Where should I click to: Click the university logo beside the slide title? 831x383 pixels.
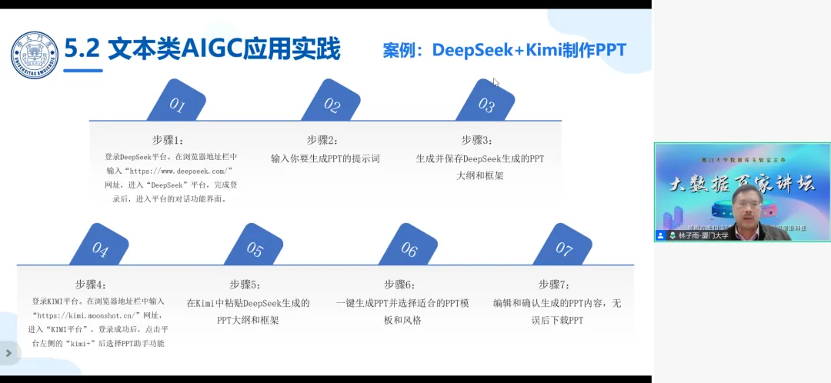[x=34, y=55]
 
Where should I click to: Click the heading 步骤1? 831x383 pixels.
[x=169, y=140]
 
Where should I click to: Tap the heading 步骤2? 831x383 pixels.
[x=323, y=140]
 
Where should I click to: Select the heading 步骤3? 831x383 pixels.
[x=477, y=140]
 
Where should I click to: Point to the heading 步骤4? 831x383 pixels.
[x=92, y=285]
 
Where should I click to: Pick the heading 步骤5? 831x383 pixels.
[x=245, y=285]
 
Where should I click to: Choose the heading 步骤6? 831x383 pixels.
[x=400, y=285]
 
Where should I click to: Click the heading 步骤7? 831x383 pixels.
[x=555, y=285]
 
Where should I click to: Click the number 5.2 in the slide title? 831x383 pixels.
[x=82, y=49]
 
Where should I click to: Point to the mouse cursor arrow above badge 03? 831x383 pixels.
[x=496, y=82]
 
